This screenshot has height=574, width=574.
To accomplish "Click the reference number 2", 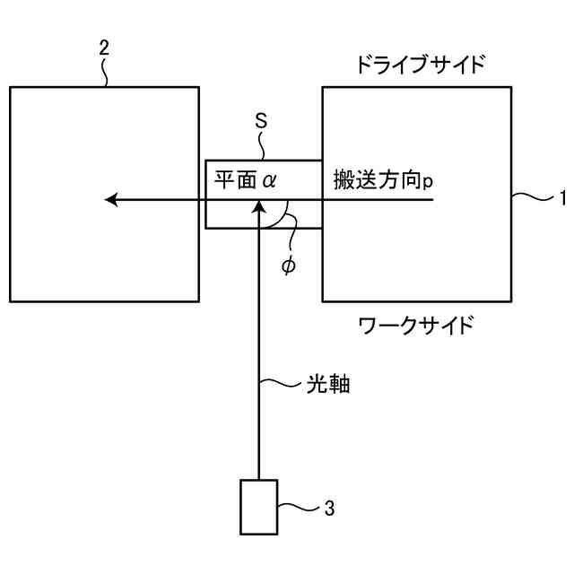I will [x=104, y=48].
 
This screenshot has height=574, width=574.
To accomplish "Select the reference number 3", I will [x=329, y=509].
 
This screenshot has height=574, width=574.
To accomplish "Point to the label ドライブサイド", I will [x=420, y=65].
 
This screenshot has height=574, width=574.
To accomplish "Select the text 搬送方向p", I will [x=384, y=179].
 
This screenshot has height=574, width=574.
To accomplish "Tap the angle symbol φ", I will [x=287, y=266].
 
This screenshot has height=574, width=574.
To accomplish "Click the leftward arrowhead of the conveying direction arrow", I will [x=111, y=199].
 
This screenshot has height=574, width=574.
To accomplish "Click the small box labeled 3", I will [x=258, y=507].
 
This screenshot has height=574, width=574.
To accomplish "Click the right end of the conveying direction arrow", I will [x=434, y=199].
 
